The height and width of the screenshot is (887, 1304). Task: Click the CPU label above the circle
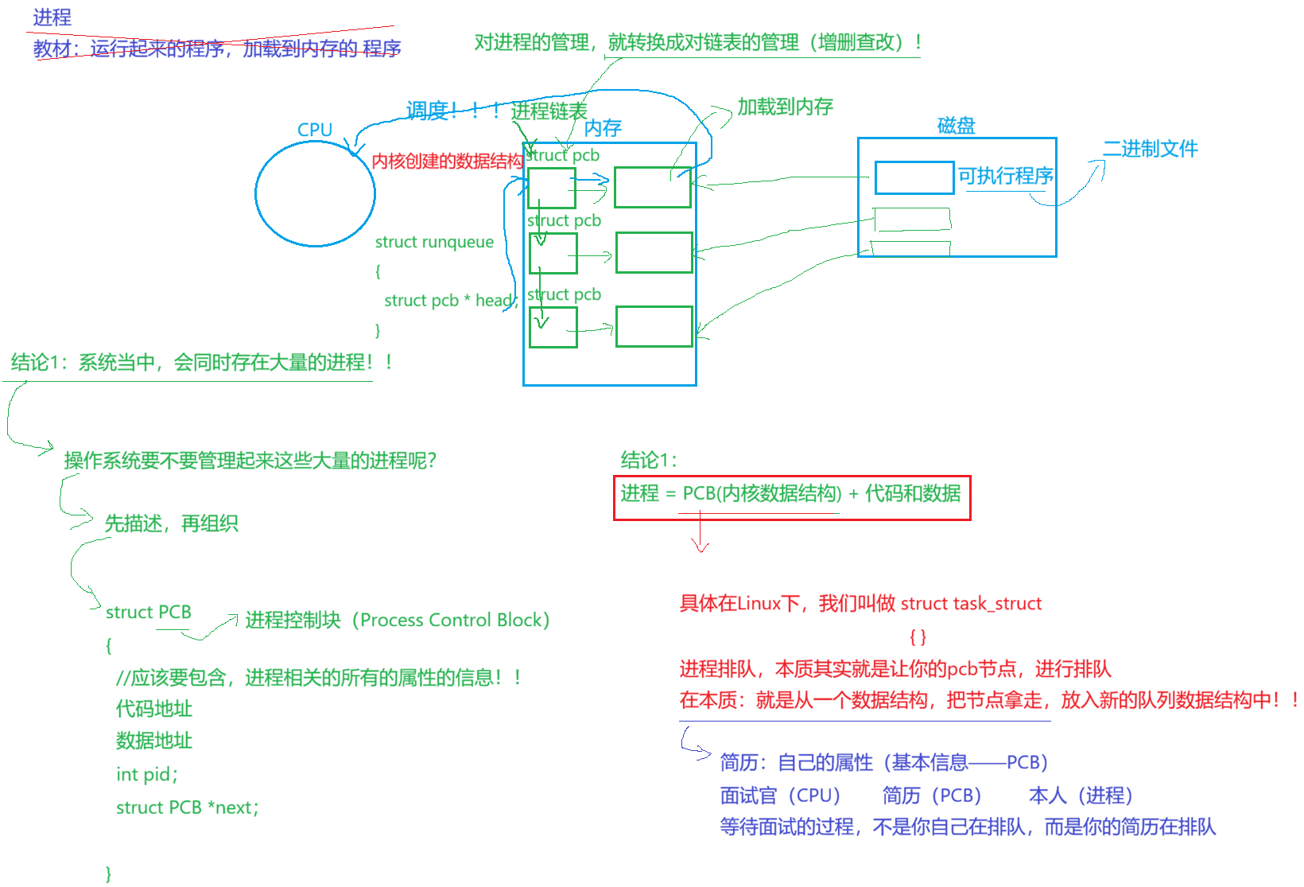pyautogui.click(x=315, y=130)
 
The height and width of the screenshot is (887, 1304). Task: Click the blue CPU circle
pyautogui.click(x=315, y=193)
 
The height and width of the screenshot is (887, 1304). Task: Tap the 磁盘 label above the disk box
pyautogui.click(x=956, y=126)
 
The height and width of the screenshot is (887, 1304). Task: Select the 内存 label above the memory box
pyautogui.click(x=603, y=128)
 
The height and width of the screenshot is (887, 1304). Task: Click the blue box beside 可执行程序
pyautogui.click(x=914, y=178)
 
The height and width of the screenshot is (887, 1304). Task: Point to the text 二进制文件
pyautogui.click(x=1150, y=149)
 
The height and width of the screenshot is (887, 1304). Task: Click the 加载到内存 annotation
pyautogui.click(x=785, y=107)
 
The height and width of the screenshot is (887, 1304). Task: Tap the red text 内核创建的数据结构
pyautogui.click(x=447, y=161)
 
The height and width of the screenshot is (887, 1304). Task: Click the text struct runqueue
pyautogui.click(x=434, y=243)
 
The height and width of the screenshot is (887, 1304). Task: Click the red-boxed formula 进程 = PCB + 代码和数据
pyautogui.click(x=791, y=494)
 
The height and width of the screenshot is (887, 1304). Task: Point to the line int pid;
pyautogui.click(x=147, y=774)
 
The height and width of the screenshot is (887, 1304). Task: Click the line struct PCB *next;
pyautogui.click(x=188, y=807)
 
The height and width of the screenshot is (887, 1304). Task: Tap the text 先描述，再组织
pyautogui.click(x=171, y=523)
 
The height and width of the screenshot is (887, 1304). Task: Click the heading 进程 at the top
pyautogui.click(x=52, y=17)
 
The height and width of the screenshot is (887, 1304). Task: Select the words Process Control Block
pyautogui.click(x=453, y=621)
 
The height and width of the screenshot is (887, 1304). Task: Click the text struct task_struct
pyautogui.click(x=971, y=604)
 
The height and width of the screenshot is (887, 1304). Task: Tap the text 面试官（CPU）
pyautogui.click(x=780, y=796)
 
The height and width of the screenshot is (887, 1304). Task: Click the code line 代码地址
pyautogui.click(x=154, y=708)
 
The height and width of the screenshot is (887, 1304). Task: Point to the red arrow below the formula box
pyautogui.click(x=700, y=533)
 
